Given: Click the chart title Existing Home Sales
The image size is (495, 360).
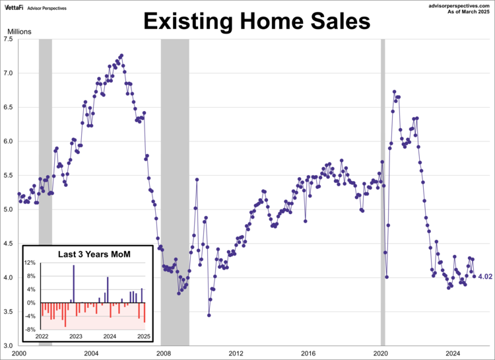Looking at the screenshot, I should (x=257, y=22).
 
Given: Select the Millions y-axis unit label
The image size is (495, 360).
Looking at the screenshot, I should (x=19, y=31).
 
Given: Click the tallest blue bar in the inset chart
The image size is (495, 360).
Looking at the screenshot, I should (x=74, y=284).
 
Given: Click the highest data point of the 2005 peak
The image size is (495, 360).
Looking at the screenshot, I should (x=121, y=55).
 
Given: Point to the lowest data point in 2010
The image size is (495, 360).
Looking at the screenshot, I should (x=209, y=315).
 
